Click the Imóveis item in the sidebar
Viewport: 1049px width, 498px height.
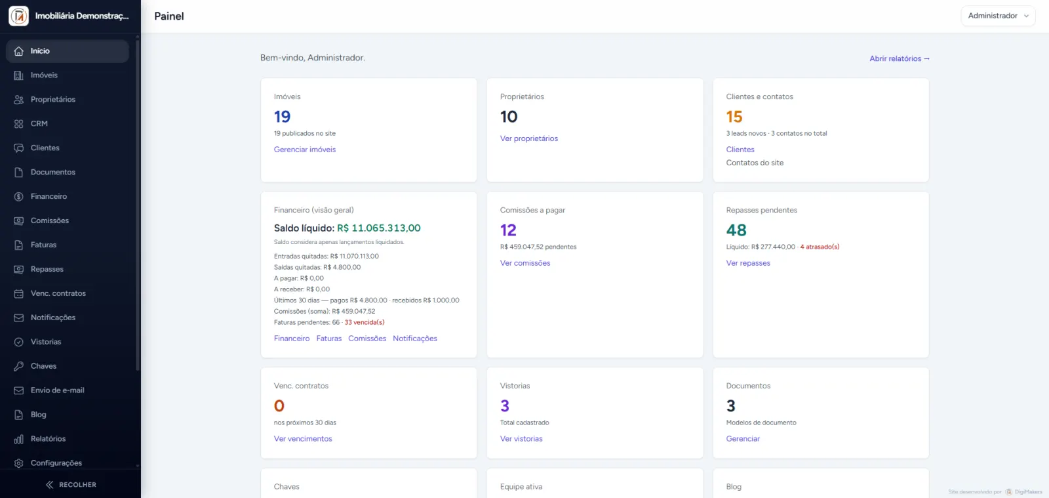pyautogui.click(x=44, y=75)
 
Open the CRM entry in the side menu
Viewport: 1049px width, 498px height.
pyautogui.click(x=39, y=124)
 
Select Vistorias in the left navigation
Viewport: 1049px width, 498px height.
pyautogui.click(x=45, y=342)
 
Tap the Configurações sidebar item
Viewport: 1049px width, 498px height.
pyautogui.click(x=56, y=463)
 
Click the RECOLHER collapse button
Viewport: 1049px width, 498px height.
pyautogui.click(x=71, y=485)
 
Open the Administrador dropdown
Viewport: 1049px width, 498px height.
pyautogui.click(x=998, y=16)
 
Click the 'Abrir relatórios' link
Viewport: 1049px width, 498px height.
pyautogui.click(x=899, y=58)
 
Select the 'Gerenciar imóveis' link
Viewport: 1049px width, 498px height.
pyautogui.click(x=304, y=150)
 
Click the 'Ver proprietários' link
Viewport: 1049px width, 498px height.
pyautogui.click(x=528, y=138)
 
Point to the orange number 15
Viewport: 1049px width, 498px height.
pyautogui.click(x=734, y=117)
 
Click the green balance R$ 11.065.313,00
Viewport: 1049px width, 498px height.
pyautogui.click(x=378, y=228)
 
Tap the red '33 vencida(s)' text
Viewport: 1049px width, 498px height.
pyautogui.click(x=365, y=322)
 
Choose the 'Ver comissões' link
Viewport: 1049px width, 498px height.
pyautogui.click(x=525, y=263)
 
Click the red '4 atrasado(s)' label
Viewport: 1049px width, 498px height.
pyautogui.click(x=820, y=247)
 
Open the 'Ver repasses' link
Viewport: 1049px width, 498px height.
pyautogui.click(x=748, y=263)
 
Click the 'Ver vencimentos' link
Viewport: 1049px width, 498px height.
pyautogui.click(x=302, y=439)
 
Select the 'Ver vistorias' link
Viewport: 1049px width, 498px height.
pyautogui.click(x=521, y=439)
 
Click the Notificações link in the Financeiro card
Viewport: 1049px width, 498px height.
pyautogui.click(x=414, y=339)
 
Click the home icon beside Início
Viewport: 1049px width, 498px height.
pyautogui.click(x=19, y=51)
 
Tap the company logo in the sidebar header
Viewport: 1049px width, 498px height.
pyautogui.click(x=19, y=16)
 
